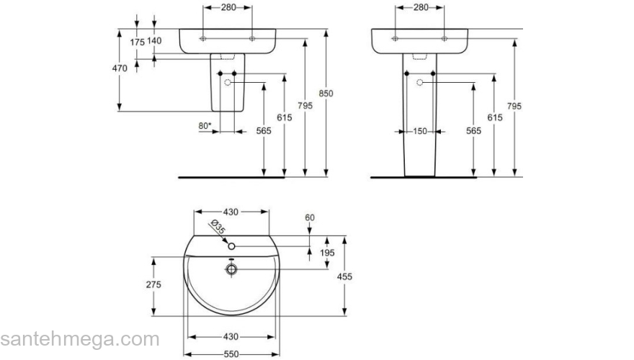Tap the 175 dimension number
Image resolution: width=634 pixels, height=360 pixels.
click(x=137, y=41)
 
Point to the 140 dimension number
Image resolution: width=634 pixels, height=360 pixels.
click(x=153, y=41)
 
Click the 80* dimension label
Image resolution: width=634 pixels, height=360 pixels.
click(x=205, y=126)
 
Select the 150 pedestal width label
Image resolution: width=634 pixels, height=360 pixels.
click(x=420, y=131)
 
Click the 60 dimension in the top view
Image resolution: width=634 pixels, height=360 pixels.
click(x=310, y=217)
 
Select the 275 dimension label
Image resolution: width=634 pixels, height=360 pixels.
click(x=153, y=284)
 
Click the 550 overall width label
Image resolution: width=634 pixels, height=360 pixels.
click(x=231, y=354)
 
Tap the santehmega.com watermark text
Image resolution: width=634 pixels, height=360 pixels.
click(x=79, y=339)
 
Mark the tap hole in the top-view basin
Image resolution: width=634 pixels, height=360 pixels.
click(x=232, y=247)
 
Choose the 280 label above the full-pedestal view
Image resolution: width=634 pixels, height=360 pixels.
click(x=420, y=7)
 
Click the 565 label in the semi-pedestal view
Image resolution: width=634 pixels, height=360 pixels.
click(x=264, y=130)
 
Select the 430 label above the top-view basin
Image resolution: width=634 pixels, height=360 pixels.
click(x=230, y=212)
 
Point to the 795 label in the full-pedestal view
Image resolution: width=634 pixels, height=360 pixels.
click(x=514, y=106)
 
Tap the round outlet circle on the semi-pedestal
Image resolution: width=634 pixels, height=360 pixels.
click(x=229, y=84)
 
